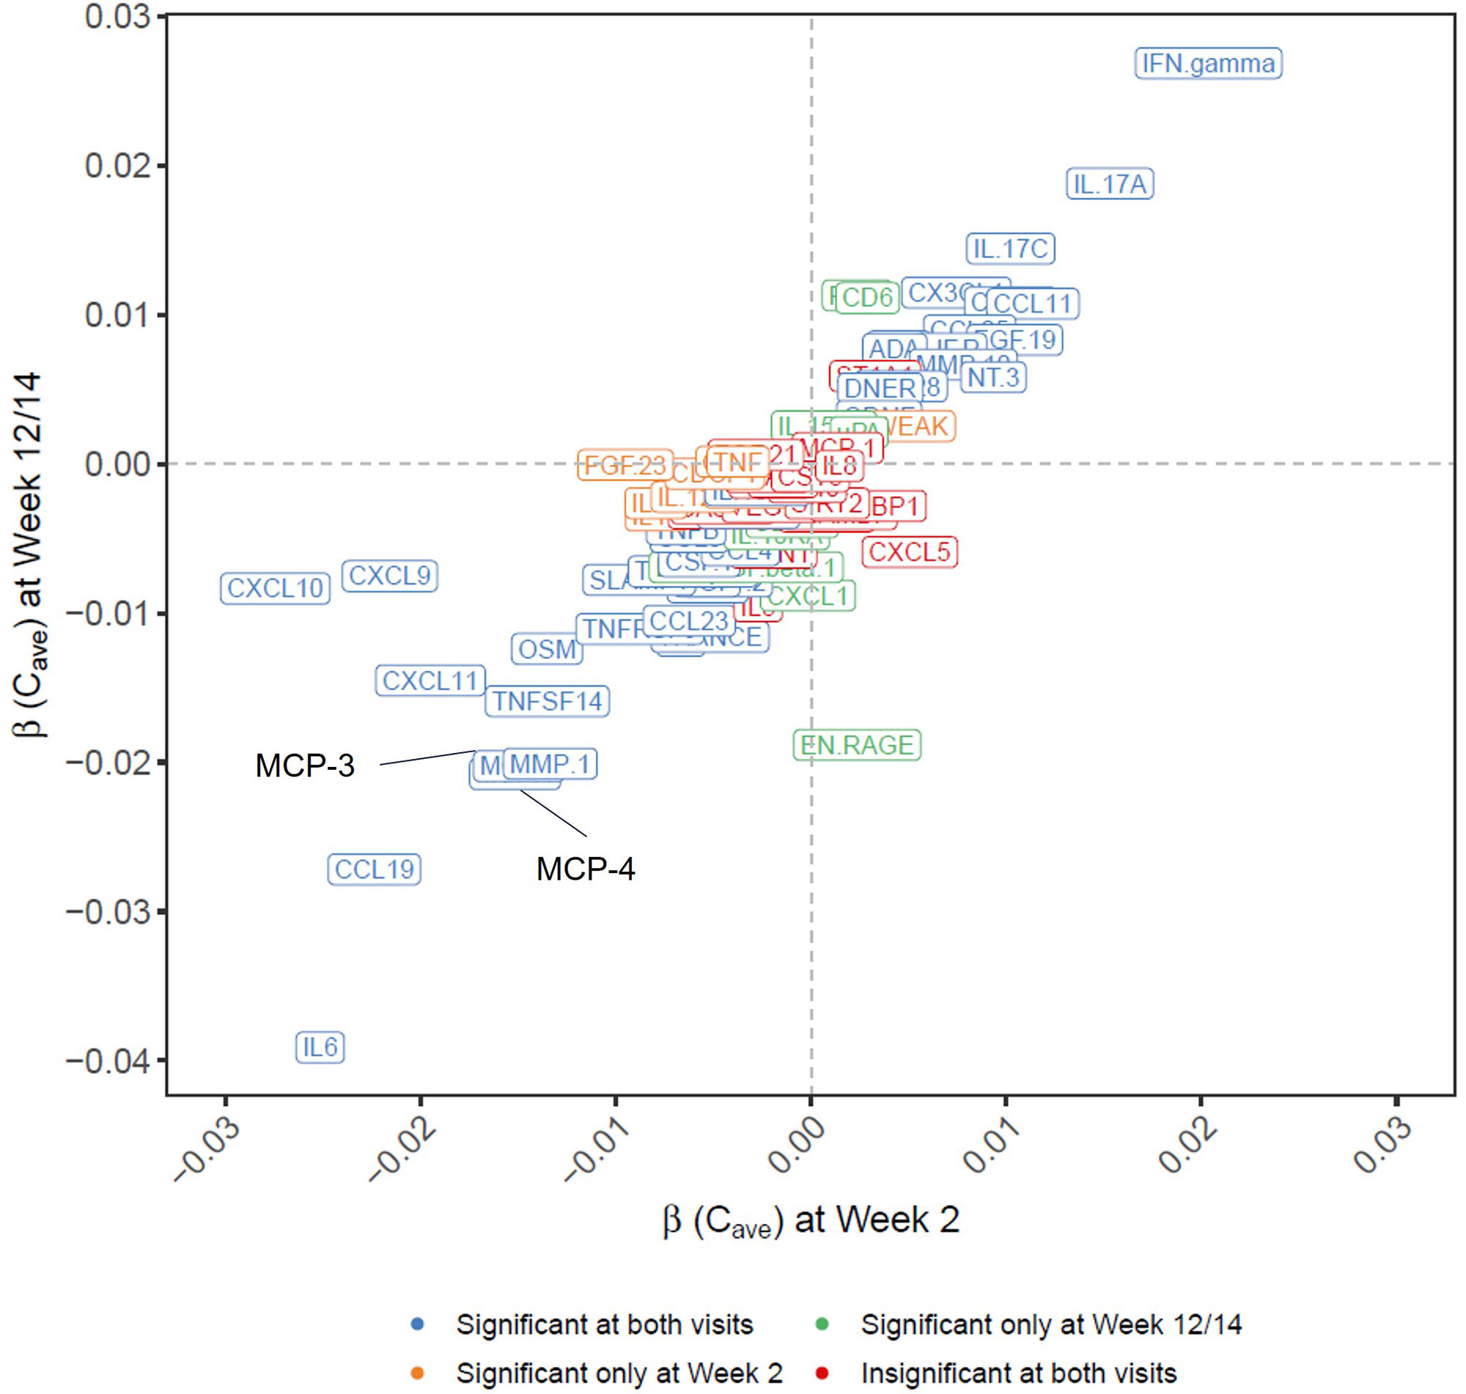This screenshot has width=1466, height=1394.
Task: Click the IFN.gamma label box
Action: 1208,64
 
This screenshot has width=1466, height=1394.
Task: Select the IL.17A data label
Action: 1109,185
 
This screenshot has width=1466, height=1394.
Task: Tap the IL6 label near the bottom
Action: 320,1047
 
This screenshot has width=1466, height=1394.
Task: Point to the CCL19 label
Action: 374,870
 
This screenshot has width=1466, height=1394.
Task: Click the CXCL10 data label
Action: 275,588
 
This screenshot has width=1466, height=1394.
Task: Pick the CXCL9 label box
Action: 389,576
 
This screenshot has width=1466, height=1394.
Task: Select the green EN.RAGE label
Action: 856,744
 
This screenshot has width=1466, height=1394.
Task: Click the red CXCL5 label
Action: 909,552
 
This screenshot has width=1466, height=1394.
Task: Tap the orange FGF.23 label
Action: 625,466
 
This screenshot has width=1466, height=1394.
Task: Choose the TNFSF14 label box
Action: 547,701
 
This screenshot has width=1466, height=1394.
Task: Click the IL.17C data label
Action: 1009,249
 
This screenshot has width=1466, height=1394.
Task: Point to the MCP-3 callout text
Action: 305,765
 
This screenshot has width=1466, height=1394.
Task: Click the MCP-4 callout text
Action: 585,869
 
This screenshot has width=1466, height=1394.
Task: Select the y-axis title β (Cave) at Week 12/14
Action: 32,554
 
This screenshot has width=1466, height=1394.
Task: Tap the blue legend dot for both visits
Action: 418,1324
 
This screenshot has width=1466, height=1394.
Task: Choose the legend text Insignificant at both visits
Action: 1018,1373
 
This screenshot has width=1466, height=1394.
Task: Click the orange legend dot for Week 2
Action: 418,1373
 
